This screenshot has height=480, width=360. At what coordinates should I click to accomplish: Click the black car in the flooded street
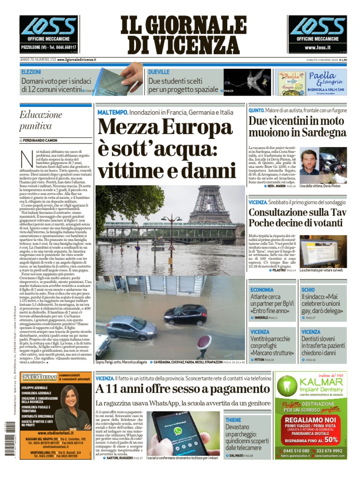click(x=186, y=315)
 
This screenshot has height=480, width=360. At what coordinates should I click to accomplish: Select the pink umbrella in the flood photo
click(x=204, y=342)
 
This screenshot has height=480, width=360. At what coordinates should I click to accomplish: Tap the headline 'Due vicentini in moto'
click(x=298, y=126)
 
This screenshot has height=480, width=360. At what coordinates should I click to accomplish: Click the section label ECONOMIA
click(x=262, y=290)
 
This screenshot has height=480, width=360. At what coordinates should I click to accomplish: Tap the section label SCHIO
click(x=308, y=290)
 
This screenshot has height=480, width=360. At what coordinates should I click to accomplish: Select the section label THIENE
click(x=233, y=420)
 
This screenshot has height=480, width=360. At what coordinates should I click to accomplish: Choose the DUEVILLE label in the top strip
click(x=159, y=72)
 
